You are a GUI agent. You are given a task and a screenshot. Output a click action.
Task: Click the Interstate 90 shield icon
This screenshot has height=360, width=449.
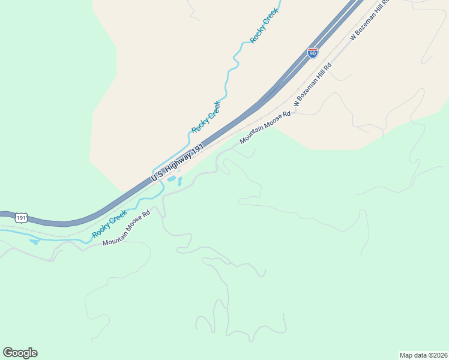point(312,53)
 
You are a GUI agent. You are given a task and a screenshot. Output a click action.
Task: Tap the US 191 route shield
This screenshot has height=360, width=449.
point(22,218)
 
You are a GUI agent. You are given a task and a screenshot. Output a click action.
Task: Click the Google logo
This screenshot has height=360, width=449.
point(20,353)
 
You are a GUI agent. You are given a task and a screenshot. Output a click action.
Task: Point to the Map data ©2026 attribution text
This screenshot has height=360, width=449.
point(423,355)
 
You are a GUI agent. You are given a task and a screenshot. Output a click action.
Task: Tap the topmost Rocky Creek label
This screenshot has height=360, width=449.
point(265,25)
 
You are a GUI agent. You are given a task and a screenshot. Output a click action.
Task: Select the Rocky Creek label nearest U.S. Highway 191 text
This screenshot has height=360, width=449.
point(206,117)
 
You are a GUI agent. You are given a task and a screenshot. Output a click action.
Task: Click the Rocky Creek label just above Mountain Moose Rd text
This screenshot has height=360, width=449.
point(109,223)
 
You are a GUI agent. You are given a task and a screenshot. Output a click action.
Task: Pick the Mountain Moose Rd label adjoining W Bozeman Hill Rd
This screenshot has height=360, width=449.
point(265,127)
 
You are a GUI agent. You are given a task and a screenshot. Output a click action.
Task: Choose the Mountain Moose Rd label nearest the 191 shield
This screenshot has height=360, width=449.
point(125,228)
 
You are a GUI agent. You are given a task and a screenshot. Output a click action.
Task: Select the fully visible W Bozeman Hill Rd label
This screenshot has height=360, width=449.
point(312,85)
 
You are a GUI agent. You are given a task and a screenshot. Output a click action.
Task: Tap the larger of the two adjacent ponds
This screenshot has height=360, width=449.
point(171,179)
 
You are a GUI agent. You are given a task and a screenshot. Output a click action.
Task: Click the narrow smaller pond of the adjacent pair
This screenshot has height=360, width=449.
point(179,181)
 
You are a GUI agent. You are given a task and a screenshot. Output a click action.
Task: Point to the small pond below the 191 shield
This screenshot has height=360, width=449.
point(34,242)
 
